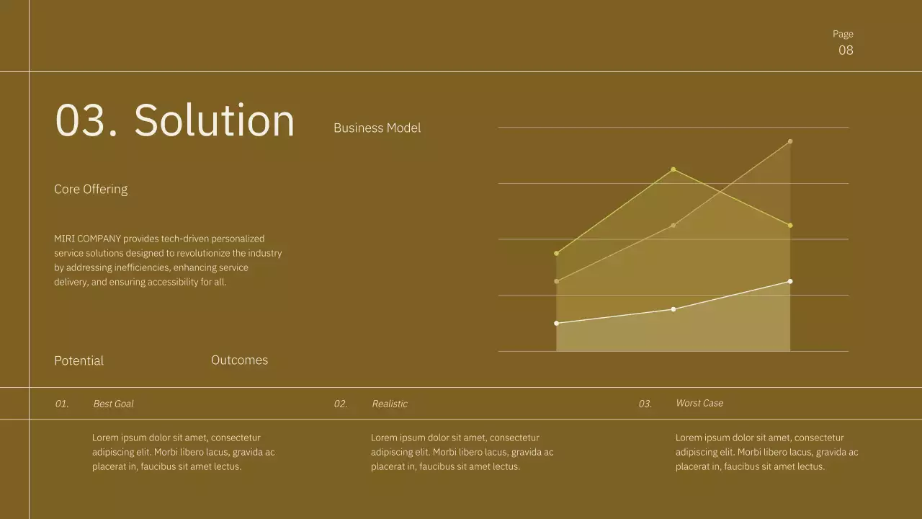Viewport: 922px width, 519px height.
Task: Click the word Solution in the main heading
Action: pyautogui.click(x=214, y=120)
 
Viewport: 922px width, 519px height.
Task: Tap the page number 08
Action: pyautogui.click(x=846, y=50)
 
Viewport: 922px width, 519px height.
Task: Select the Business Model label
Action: pyautogui.click(x=377, y=128)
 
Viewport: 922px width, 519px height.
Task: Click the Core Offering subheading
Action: pyautogui.click(x=91, y=190)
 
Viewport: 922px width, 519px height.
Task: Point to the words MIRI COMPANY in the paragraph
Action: pyautogui.click(x=87, y=239)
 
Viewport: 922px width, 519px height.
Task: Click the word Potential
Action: pyautogui.click(x=79, y=361)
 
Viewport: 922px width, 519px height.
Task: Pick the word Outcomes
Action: pyautogui.click(x=239, y=360)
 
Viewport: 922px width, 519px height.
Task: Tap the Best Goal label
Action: pyautogui.click(x=113, y=404)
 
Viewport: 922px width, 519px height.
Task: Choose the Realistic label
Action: pyautogui.click(x=390, y=404)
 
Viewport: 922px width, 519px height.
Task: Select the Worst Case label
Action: pyautogui.click(x=699, y=403)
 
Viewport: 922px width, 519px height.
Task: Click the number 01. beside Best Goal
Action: pyautogui.click(x=62, y=404)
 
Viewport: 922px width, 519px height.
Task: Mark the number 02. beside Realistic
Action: pyautogui.click(x=341, y=404)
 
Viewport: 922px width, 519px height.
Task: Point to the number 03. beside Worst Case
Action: pyautogui.click(x=645, y=404)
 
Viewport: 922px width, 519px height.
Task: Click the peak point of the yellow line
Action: pyautogui.click(x=673, y=169)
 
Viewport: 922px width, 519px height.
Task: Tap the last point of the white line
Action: pyautogui.click(x=790, y=281)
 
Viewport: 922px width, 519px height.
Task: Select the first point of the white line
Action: pyautogui.click(x=556, y=323)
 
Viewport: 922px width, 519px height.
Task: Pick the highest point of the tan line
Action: pyautogui.click(x=790, y=141)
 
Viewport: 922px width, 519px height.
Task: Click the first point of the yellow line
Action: pyautogui.click(x=556, y=253)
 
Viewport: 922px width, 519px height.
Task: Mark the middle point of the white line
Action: pyautogui.click(x=673, y=309)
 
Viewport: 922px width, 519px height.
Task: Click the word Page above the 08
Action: pyautogui.click(x=843, y=34)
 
